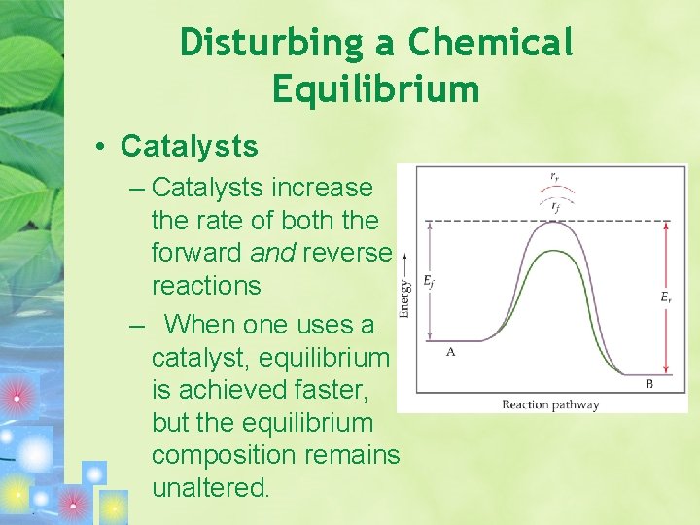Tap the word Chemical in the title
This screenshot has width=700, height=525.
[491, 43]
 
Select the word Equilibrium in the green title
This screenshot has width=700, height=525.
[376, 89]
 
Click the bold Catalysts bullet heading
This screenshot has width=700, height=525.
[190, 147]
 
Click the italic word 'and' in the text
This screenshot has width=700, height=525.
[272, 253]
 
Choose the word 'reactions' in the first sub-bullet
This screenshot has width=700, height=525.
[206, 286]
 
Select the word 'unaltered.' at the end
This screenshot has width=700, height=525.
[210, 488]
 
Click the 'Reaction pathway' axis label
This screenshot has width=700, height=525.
[550, 404]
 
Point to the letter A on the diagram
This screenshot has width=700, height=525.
[450, 352]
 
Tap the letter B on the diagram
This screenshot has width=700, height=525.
[648, 384]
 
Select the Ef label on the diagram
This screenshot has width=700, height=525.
[429, 281]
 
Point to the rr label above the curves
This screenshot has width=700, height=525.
[554, 177]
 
